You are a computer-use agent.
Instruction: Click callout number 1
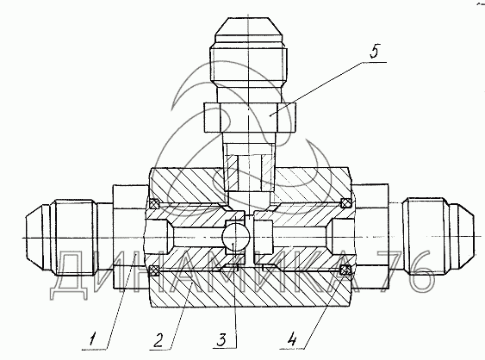tap(92, 340)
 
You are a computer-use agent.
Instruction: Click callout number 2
tap(158, 340)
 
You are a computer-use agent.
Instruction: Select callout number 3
tap(221, 340)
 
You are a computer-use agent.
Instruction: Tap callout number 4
tap(292, 340)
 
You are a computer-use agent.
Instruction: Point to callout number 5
tap(374, 51)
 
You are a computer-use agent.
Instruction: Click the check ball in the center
tap(236, 237)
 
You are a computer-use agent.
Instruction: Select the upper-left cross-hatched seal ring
tap(154, 203)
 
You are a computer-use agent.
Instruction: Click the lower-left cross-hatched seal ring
tap(154, 270)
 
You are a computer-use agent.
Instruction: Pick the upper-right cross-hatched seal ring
tap(345, 203)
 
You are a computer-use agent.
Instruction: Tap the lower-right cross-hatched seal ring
tap(345, 270)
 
